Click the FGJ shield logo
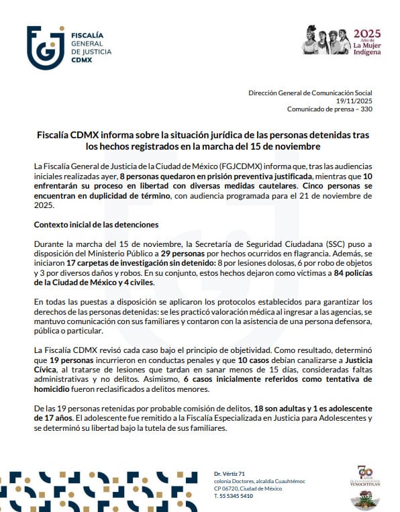tap(46, 47)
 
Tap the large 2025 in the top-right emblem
tap(367, 33)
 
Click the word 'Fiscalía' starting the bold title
tap(54, 135)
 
